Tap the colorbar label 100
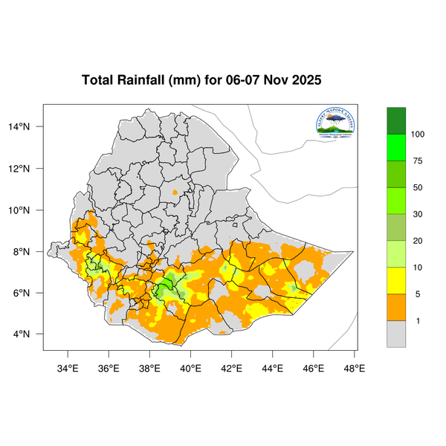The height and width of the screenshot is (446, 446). point(418,135)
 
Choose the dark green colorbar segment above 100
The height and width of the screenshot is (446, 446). point(396,120)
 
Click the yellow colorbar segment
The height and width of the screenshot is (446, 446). point(396,280)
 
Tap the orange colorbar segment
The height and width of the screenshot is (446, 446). point(396,307)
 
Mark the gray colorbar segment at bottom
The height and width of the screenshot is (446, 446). point(396,334)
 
